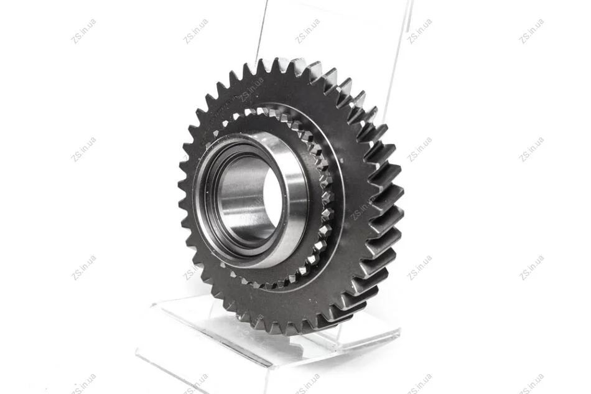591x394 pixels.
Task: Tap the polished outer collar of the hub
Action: point(298,196)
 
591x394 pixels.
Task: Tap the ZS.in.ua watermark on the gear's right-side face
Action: point(362,207)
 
